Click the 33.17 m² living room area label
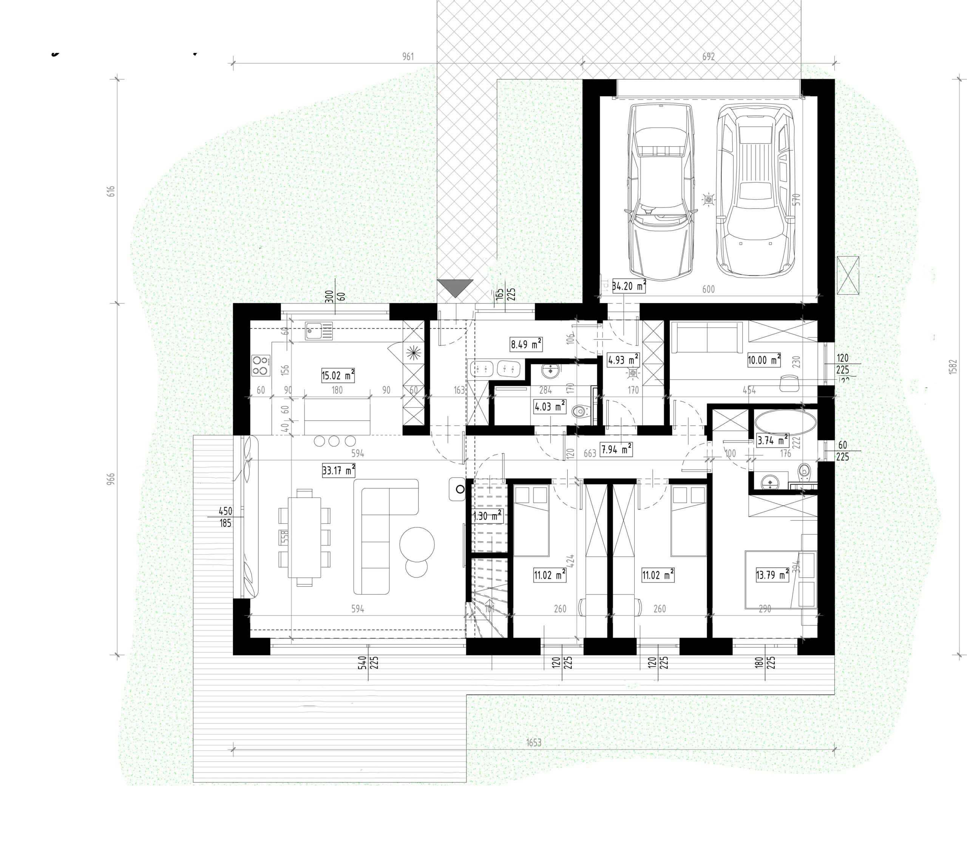[x=338, y=470]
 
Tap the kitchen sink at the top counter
[x=319, y=330]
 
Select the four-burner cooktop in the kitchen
[x=261, y=366]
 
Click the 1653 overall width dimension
[x=534, y=742]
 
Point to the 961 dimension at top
[x=408, y=56]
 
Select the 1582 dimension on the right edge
[x=953, y=367]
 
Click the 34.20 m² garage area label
[x=629, y=286]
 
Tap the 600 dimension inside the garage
[x=708, y=289]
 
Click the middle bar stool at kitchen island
[x=334, y=441]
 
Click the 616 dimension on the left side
[x=111, y=191]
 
